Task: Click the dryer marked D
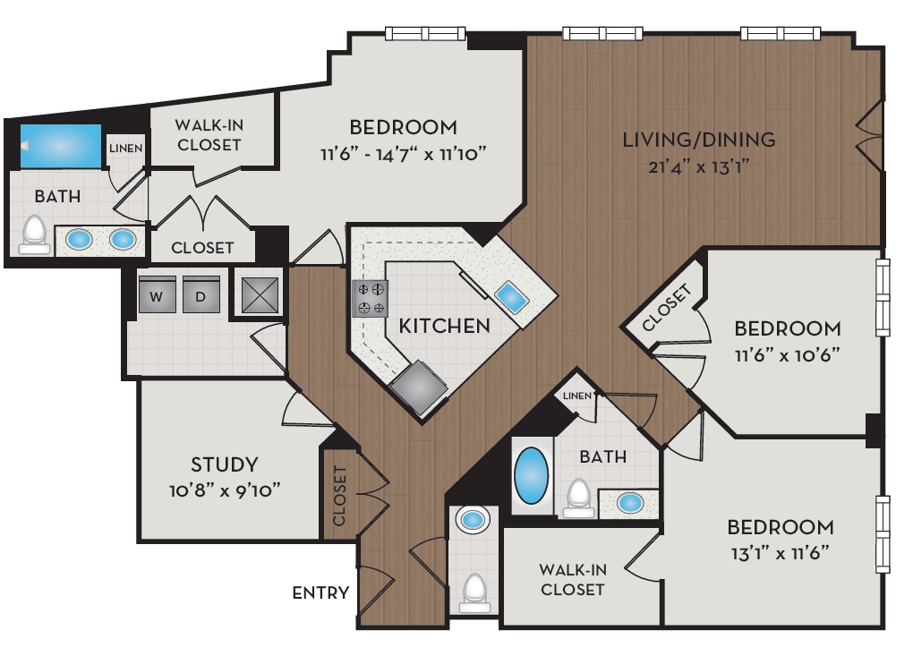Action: [x=201, y=295]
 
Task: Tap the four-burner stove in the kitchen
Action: [x=371, y=299]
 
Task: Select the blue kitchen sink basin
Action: [x=510, y=295]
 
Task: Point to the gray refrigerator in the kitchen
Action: [x=418, y=387]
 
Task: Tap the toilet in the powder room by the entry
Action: [x=474, y=592]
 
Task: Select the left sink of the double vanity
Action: [x=79, y=240]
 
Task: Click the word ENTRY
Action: [x=320, y=593]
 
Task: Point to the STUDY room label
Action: [x=224, y=464]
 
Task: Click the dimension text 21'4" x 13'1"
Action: [x=698, y=166]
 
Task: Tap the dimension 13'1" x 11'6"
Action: [x=780, y=552]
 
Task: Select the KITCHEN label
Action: [x=445, y=326]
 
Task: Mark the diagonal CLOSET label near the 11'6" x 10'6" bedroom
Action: [x=668, y=309]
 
